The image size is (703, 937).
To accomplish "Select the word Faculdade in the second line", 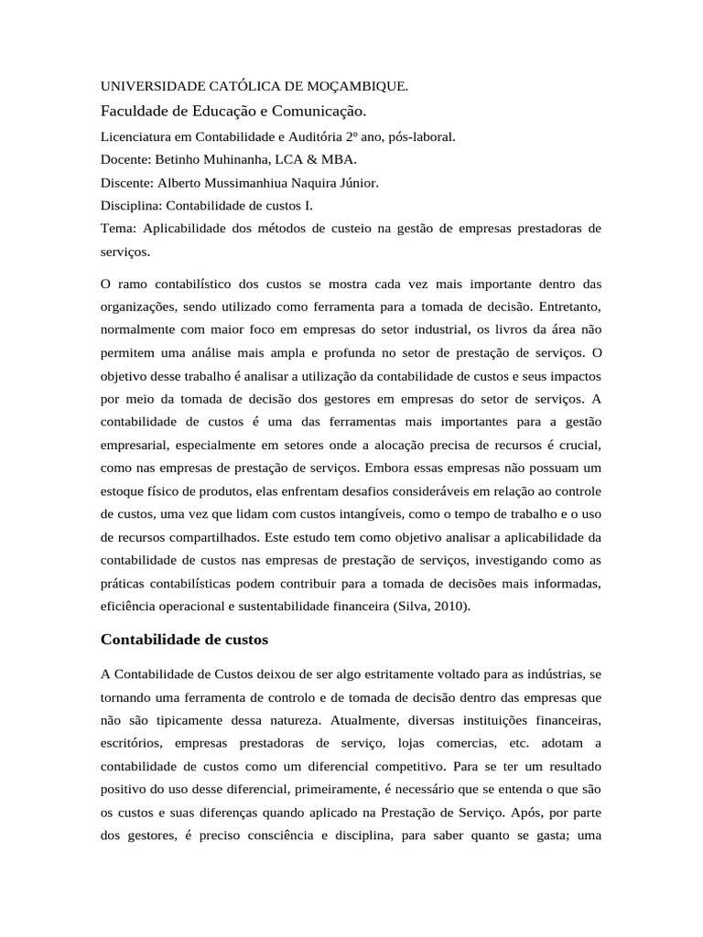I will click(x=132, y=112).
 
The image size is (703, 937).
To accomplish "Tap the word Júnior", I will click(x=359, y=182).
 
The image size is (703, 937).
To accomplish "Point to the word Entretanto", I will click(x=568, y=304).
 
